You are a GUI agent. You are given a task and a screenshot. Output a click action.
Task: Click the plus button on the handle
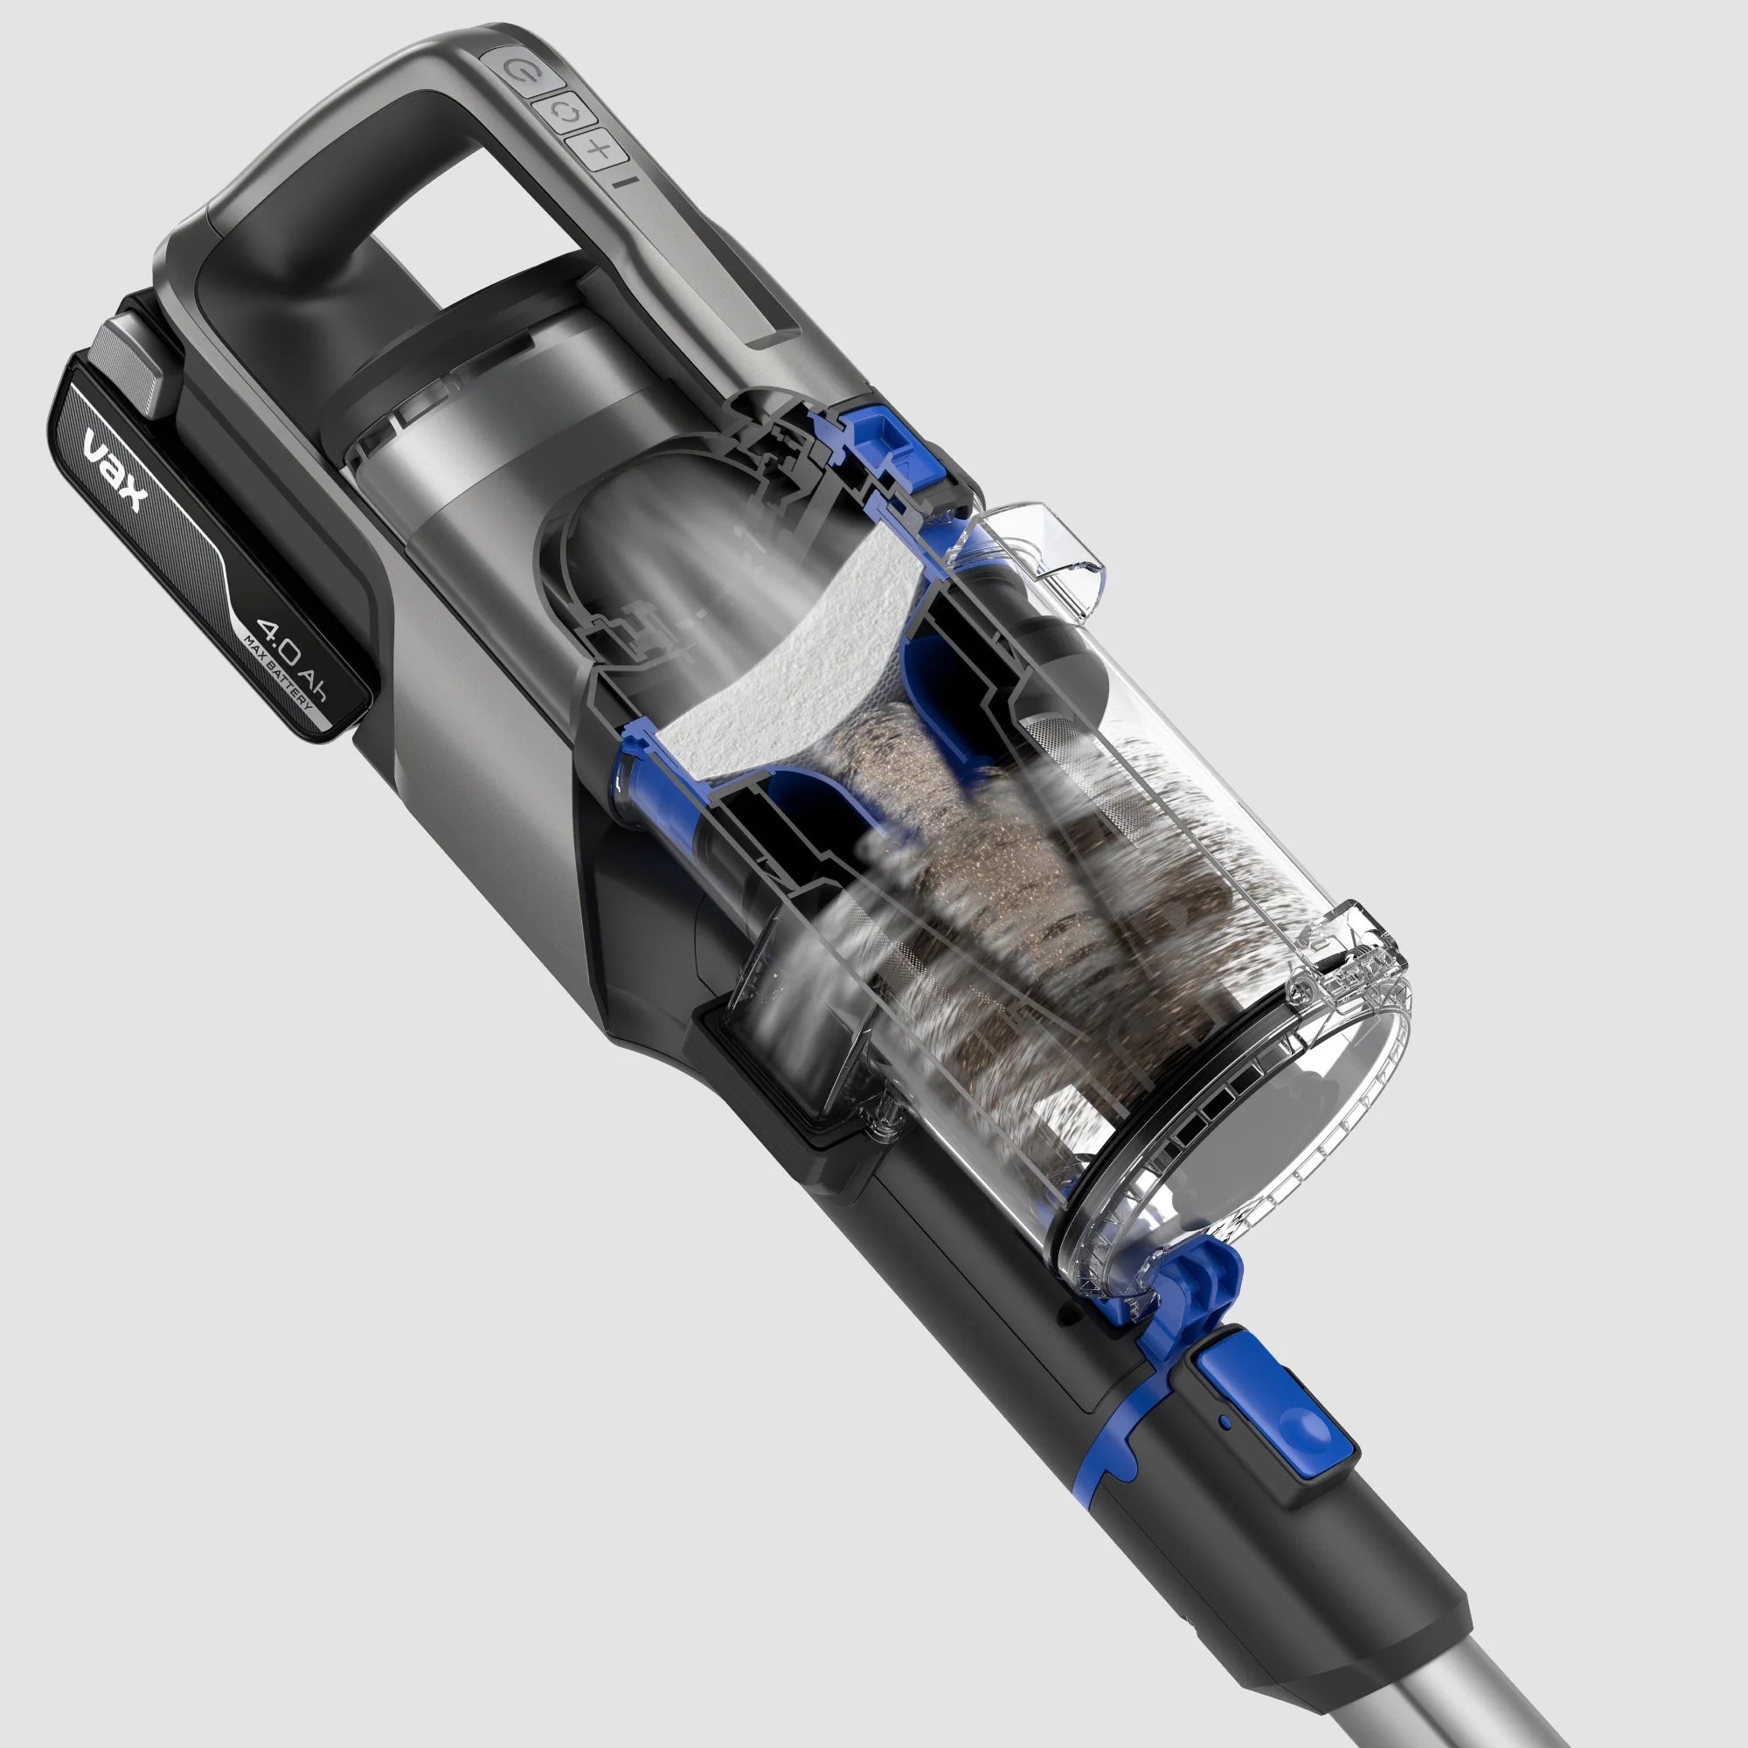[597, 149]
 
